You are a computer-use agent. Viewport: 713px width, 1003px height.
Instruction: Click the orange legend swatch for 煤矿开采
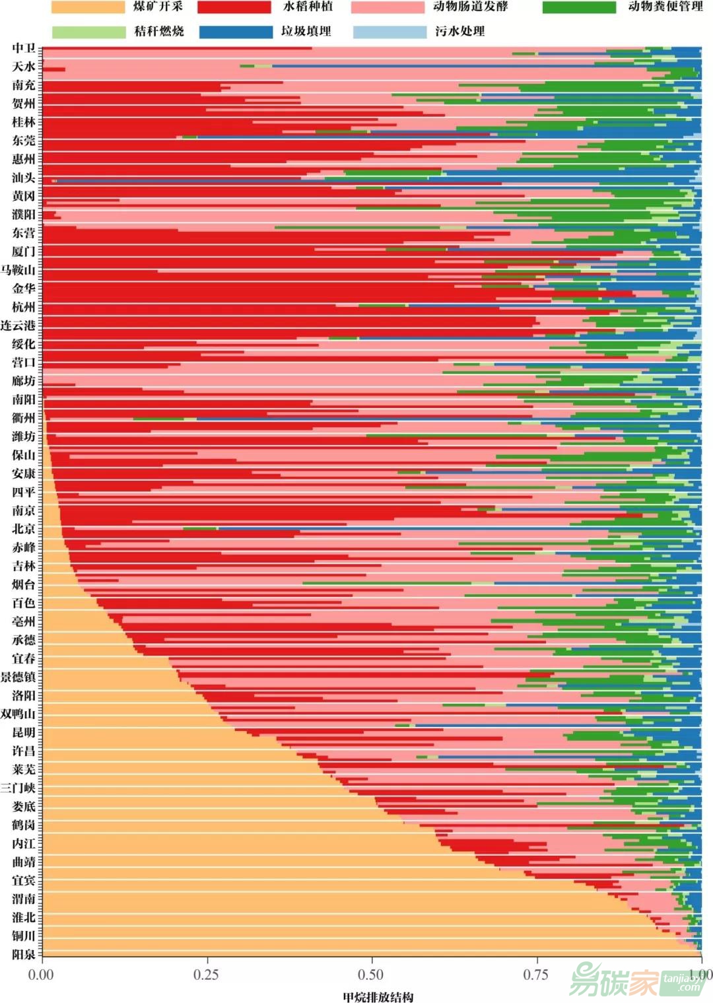pos(88,7)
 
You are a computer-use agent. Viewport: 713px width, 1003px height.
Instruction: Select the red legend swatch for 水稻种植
pos(234,7)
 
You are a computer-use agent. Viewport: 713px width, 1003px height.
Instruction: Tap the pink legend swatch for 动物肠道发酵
pos(388,7)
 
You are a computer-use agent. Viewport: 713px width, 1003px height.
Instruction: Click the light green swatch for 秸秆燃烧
pos(88,32)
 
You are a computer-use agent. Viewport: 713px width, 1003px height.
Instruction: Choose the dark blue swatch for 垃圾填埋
pos(236,32)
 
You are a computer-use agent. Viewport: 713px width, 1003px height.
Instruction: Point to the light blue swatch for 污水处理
pos(390,32)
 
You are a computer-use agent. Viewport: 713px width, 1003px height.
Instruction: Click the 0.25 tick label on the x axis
pos(206,975)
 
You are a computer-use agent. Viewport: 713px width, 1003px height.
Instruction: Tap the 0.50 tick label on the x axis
pos(371,975)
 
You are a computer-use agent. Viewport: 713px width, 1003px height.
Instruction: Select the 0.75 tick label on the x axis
pos(536,975)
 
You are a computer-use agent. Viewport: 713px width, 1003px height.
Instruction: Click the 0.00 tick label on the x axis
pos(41,975)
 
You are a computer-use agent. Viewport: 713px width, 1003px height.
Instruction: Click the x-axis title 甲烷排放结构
pos(378,996)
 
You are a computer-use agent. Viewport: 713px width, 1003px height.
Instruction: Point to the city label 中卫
pos(24,48)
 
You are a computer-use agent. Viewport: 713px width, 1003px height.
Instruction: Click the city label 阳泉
pos(24,954)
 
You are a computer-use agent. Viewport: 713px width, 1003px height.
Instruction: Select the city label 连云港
pos(18,326)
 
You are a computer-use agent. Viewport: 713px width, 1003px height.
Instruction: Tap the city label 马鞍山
pos(18,270)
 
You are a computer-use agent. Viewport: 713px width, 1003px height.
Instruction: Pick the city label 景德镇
pos(18,677)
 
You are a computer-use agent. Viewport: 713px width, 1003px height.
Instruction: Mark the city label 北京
pos(24,529)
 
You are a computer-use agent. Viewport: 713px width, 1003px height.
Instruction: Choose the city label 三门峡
pos(18,788)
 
